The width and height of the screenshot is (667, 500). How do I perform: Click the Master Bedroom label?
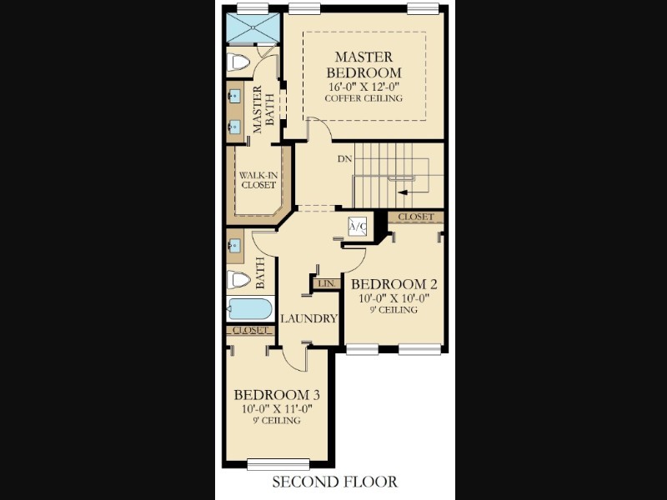[x=364, y=64]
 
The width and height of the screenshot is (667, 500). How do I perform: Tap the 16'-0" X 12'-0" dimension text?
[x=364, y=87]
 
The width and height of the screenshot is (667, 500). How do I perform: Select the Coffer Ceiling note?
[x=364, y=98]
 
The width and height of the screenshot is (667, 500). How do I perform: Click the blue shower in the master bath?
[x=253, y=28]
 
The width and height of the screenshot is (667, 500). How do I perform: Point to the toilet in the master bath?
[x=238, y=62]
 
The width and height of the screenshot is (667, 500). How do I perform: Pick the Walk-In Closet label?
[x=258, y=180]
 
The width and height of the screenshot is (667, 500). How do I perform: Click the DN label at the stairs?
[x=345, y=159]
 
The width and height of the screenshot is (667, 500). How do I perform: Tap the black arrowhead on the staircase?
[x=403, y=192]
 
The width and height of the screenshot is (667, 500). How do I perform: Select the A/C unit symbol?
[x=358, y=226]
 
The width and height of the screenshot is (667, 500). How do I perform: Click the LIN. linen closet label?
[x=327, y=283]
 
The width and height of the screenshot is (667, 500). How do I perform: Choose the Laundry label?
[x=308, y=318]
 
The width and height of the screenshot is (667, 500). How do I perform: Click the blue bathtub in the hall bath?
[x=249, y=309]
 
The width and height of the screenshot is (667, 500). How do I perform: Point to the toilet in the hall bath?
[x=238, y=280]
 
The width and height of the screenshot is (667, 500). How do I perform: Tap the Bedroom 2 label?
[x=394, y=284]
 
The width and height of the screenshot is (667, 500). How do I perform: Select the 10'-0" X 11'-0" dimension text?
[x=278, y=409]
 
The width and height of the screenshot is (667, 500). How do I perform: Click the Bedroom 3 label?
[x=277, y=395]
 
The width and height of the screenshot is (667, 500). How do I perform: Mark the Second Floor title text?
[x=335, y=482]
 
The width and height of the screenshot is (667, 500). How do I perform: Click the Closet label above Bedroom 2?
[x=416, y=217]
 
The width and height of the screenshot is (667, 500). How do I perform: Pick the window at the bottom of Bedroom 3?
[x=278, y=464]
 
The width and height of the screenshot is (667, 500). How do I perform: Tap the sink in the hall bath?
[x=234, y=245]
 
